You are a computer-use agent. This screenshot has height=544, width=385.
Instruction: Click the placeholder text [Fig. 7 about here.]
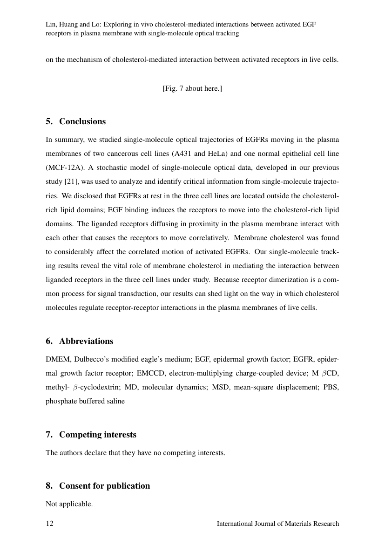pos(192,88)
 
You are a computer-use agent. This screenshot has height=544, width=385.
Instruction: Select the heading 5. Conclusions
pos(76,121)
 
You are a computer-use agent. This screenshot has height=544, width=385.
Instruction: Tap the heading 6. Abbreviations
pos(80,341)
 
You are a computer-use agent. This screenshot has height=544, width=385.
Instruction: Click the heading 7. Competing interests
pos(91,435)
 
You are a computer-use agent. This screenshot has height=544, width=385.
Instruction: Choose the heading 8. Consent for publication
pos(98,486)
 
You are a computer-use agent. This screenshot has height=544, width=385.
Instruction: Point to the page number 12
pos(50,524)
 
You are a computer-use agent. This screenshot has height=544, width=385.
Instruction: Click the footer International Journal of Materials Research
pos(278,524)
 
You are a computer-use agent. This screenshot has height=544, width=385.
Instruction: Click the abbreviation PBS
pos(330,387)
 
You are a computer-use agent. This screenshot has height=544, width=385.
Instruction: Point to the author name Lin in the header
pos(51,24)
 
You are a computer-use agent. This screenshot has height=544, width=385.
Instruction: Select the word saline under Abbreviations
pos(115,401)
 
